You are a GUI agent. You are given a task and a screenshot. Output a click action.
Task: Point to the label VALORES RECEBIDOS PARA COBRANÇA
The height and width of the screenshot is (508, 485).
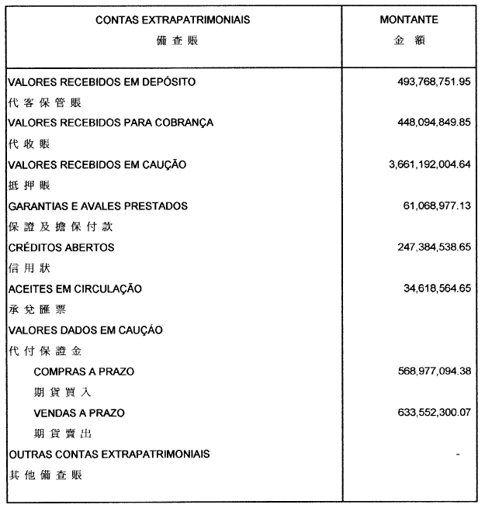110,123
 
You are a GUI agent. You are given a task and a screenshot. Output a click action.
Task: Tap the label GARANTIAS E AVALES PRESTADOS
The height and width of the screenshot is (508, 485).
98,206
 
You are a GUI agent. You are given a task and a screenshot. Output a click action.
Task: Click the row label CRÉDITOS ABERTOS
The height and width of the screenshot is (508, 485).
61,247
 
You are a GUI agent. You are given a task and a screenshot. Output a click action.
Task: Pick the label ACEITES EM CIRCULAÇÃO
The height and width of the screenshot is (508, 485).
74,289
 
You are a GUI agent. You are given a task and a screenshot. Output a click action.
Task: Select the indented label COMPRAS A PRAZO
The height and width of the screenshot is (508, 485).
84,371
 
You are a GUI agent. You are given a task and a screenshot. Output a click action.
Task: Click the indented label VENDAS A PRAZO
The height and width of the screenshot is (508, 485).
79,413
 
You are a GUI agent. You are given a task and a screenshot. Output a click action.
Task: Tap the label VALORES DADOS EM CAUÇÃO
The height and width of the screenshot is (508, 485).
85,330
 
